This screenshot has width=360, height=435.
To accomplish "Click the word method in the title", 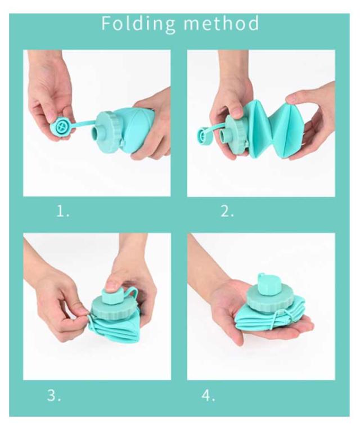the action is coord(221,23).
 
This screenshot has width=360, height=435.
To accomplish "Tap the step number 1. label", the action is coord(63,212).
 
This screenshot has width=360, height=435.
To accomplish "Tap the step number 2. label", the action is coord(227,212).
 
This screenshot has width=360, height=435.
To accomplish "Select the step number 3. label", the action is coord(54,395).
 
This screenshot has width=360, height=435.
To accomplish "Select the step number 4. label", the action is coord(208,395).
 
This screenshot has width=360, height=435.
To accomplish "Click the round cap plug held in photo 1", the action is coord(60,127).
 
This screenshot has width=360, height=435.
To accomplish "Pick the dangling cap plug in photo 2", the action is coord(205,134).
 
